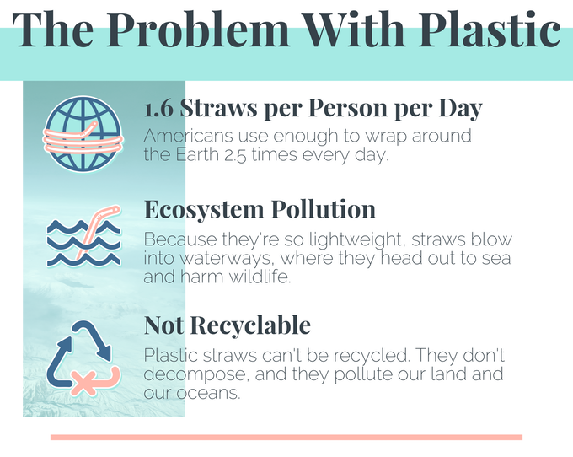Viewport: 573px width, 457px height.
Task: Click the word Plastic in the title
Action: tap(490, 30)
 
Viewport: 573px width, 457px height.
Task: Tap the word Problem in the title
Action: tap(198, 30)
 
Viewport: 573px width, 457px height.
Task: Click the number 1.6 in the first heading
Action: tap(158, 109)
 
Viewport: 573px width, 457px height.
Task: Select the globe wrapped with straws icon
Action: tap(83, 134)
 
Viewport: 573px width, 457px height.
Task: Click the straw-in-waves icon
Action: tap(83, 236)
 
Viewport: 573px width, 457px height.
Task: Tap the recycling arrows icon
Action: tap(83, 358)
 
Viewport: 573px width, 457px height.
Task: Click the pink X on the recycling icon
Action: tap(83, 383)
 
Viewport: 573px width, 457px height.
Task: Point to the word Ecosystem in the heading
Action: tap(204, 210)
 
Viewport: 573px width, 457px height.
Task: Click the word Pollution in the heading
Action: tap(324, 209)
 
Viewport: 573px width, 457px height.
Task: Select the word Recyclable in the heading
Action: tap(250, 325)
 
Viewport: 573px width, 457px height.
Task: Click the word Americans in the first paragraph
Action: tap(188, 136)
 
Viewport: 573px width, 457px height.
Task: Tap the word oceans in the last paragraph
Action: tap(208, 394)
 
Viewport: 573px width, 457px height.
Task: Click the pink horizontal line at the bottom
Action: tap(286, 438)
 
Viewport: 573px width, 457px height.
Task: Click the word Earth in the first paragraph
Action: tap(197, 154)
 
